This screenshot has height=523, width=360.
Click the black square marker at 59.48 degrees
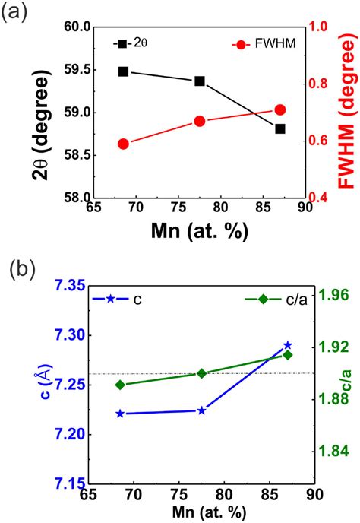click(x=124, y=71)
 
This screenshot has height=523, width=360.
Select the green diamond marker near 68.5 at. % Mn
click(x=120, y=385)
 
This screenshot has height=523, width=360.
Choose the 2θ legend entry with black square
click(x=127, y=44)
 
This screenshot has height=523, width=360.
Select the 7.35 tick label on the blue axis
click(x=66, y=286)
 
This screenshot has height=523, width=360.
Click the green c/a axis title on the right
click(x=347, y=388)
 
